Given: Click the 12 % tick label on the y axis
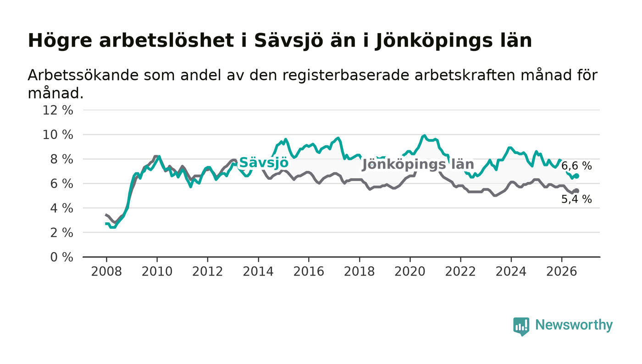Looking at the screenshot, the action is (58, 110).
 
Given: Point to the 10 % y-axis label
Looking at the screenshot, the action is (58, 135).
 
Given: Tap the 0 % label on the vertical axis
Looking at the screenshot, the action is (61, 257).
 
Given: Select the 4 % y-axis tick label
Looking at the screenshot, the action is (61, 209).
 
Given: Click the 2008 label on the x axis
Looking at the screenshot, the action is (106, 271).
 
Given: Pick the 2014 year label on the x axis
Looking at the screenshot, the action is (258, 271).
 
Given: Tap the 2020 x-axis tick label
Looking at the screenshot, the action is (410, 271).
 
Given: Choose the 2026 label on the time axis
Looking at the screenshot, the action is (561, 271).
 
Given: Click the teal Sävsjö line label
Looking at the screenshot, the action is (264, 163).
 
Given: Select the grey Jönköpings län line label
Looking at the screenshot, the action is (418, 165).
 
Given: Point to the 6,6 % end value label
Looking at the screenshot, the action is (576, 165).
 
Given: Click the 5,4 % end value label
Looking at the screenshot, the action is (576, 199).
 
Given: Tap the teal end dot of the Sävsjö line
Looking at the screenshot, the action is (577, 176).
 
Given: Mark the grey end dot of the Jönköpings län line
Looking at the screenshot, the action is (577, 191).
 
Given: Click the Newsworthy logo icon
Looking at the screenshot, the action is (521, 326).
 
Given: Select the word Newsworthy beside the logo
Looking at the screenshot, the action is (574, 325).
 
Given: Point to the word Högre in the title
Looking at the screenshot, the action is (60, 41).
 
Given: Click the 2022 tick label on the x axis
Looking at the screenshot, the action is (460, 271).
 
